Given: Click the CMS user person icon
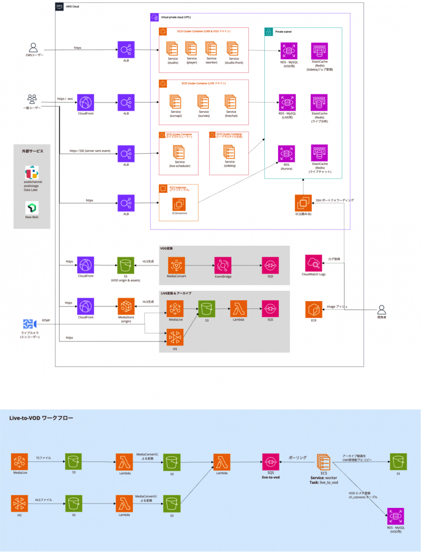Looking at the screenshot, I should (x=33, y=47).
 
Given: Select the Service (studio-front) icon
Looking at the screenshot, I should (x=232, y=49).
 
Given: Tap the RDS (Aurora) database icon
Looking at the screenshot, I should (x=286, y=154).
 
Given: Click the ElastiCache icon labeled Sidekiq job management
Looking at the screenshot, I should (x=319, y=51).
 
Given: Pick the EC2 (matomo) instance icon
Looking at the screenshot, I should (x=179, y=204).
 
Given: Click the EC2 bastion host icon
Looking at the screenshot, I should (x=303, y=203).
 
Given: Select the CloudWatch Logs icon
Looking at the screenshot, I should (x=313, y=263).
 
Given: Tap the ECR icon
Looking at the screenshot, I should (x=314, y=309).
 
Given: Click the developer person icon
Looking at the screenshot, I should (x=381, y=310).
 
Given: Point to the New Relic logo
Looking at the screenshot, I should (x=32, y=208).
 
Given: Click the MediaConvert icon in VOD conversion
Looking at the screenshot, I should (x=176, y=265).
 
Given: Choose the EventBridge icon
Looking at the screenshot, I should (x=223, y=265).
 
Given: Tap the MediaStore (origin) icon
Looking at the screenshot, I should (x=126, y=307).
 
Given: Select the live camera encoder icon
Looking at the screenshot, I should (x=30, y=324).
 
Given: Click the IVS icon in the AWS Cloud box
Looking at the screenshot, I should (x=175, y=338).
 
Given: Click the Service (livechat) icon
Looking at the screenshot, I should (x=231, y=102).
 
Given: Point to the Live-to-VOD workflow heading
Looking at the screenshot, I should (x=41, y=418).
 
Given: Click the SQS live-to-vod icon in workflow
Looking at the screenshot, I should (x=270, y=462).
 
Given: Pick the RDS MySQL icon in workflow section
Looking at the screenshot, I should (x=395, y=516).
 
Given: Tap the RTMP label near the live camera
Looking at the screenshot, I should (x=46, y=321).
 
